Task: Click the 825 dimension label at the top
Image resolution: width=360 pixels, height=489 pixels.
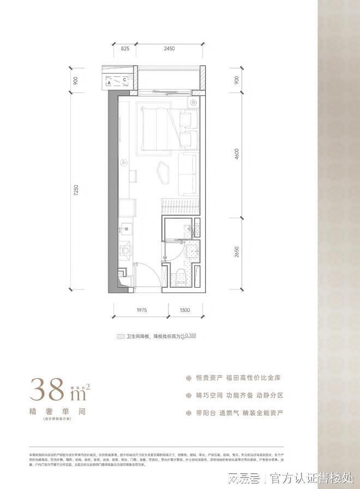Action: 125,49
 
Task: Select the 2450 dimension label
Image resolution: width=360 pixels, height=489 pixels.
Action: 168,49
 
